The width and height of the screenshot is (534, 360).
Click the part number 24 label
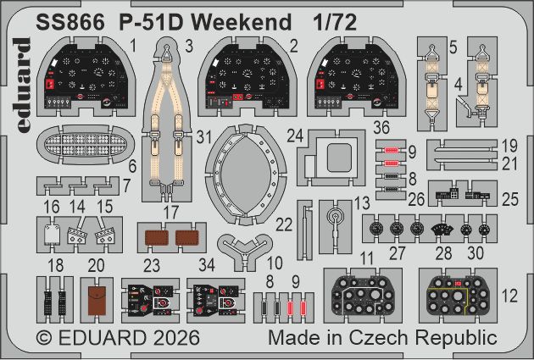point(295,136)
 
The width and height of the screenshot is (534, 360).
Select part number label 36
point(380,130)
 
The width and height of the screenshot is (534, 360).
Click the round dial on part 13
point(337,218)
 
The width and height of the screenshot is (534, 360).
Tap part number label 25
point(509,201)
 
